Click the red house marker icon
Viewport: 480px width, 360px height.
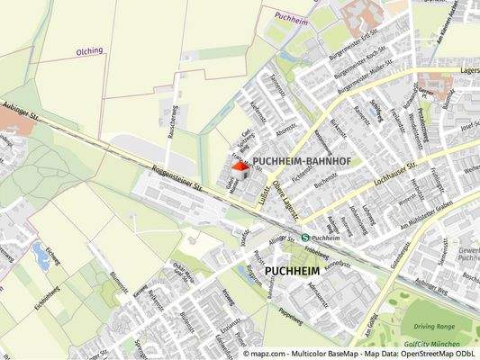coord(240,166)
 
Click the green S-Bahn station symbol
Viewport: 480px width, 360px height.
coord(305,238)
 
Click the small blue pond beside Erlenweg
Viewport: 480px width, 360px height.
coord(41,255)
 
